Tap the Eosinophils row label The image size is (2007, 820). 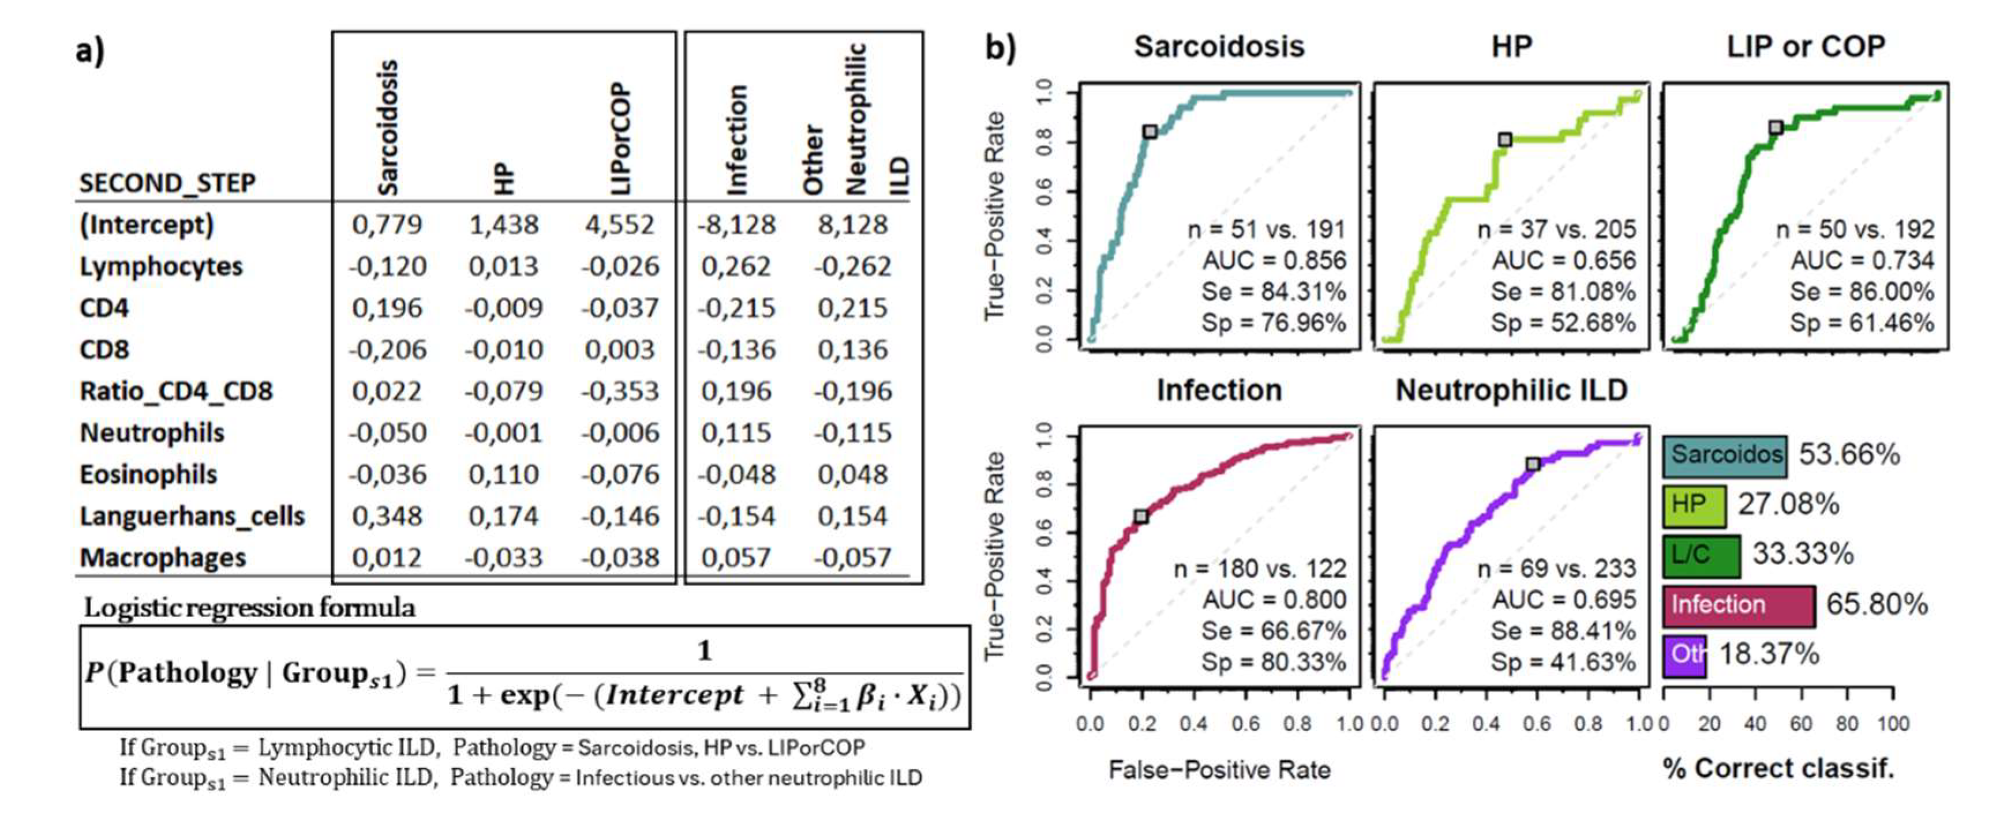[148, 474]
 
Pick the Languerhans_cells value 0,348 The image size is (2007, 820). [387, 516]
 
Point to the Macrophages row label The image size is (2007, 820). [162, 558]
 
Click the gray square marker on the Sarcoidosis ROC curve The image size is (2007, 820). [1150, 131]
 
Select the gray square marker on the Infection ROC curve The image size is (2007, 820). [1141, 516]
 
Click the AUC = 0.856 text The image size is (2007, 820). [1274, 260]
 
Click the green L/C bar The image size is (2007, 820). [1701, 555]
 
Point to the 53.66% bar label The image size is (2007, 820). [1849, 454]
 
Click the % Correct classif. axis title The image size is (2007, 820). [1778, 769]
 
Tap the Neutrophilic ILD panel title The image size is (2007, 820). [1511, 390]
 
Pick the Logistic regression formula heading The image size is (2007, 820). [249, 607]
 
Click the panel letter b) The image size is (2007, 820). [1001, 48]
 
